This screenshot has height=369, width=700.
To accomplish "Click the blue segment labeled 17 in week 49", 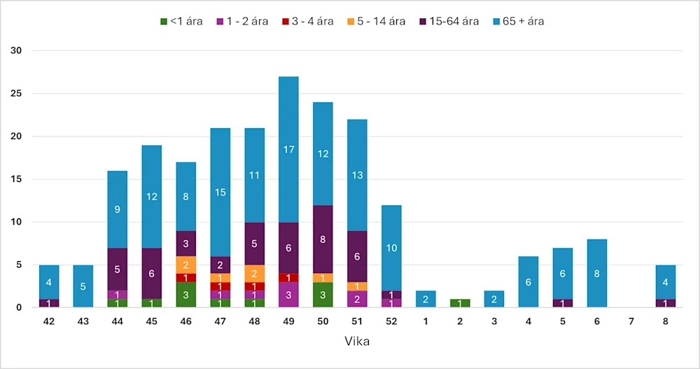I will (x=288, y=149).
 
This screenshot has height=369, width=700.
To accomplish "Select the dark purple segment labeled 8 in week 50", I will (x=323, y=239).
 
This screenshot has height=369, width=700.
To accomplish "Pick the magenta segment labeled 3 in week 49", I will (x=288, y=295).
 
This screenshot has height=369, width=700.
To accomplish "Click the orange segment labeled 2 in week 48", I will (x=254, y=273).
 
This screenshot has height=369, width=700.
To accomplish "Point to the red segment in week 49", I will (x=288, y=277).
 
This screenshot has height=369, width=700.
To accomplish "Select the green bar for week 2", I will (x=460, y=303).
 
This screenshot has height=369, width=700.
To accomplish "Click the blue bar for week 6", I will (x=597, y=273).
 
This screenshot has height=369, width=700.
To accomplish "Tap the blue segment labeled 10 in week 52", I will (x=391, y=247).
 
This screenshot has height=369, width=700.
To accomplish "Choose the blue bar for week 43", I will (x=83, y=286).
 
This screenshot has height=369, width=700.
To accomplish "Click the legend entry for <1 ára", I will (x=182, y=21).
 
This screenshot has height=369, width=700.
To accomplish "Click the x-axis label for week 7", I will (x=631, y=322).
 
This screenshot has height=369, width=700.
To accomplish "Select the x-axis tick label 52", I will (x=391, y=322).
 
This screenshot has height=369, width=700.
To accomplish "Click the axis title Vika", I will (x=357, y=342).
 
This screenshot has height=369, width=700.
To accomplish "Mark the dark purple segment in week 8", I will (x=666, y=303).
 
